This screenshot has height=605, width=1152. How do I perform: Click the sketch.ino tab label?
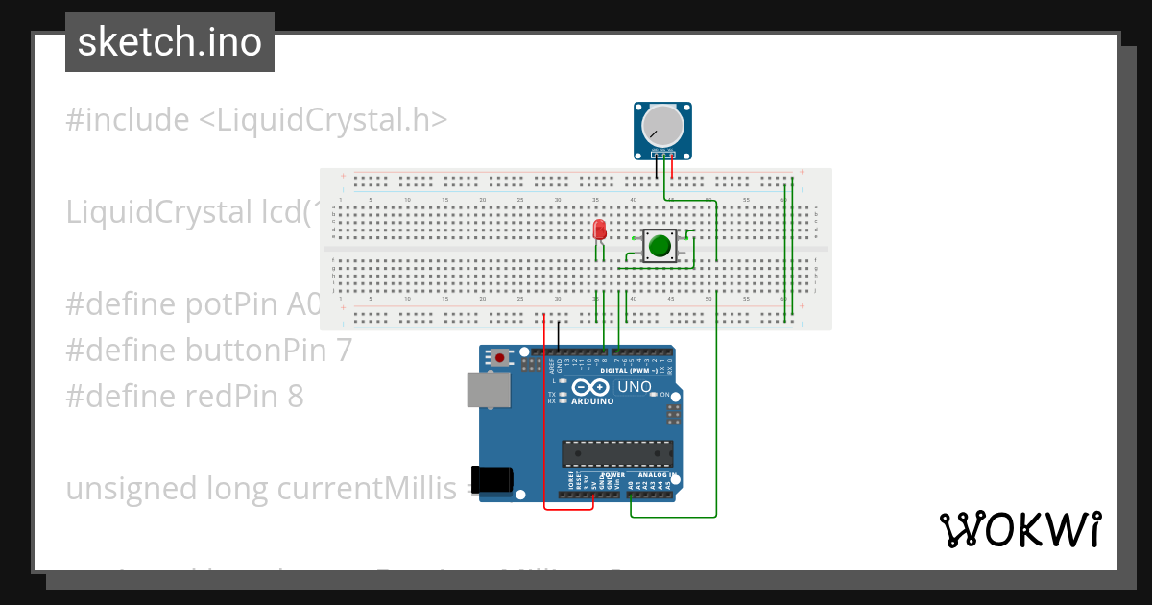pyautogui.click(x=170, y=42)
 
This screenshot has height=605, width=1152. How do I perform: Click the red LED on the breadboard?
pyautogui.click(x=600, y=230)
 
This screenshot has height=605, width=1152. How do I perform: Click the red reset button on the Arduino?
pyautogui.click(x=499, y=357)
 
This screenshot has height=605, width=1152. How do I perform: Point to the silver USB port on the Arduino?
pyautogui.click(x=488, y=390)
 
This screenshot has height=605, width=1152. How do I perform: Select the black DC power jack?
pyautogui.click(x=493, y=479)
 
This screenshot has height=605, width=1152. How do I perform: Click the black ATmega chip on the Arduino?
pyautogui.click(x=617, y=453)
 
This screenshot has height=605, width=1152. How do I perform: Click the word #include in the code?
pyautogui.click(x=128, y=120)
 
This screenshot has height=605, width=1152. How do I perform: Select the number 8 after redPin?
pyautogui.click(x=295, y=396)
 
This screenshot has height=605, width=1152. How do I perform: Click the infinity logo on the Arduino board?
pyautogui.click(x=590, y=387)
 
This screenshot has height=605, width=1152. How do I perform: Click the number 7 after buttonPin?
pyautogui.click(x=344, y=351)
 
